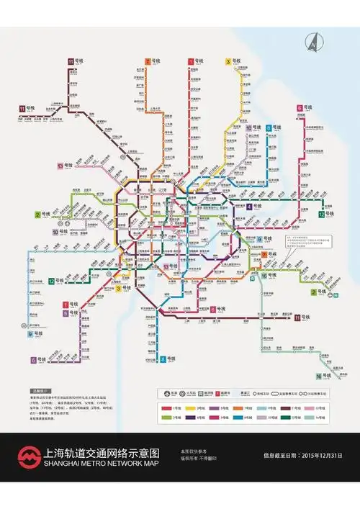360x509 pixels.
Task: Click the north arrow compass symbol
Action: click(x=314, y=42)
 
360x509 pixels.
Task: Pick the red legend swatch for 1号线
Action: click(x=167, y=407)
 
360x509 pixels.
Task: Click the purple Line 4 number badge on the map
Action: click(x=249, y=206)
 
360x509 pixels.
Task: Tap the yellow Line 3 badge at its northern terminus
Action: click(x=228, y=62)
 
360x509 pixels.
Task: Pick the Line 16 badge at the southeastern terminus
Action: click(x=319, y=376)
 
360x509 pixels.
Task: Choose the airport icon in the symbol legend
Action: click(x=167, y=393)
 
